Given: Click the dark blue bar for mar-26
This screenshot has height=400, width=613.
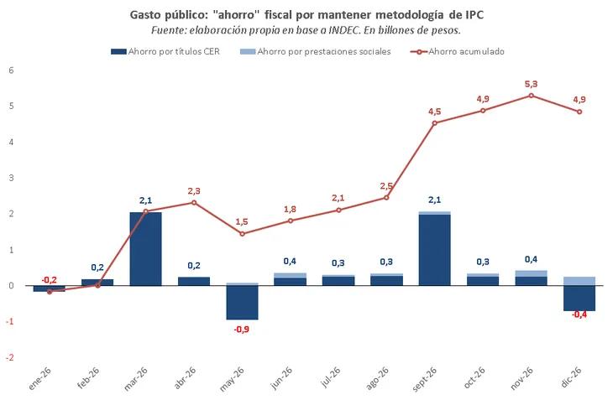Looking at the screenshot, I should pyautogui.click(x=145, y=249).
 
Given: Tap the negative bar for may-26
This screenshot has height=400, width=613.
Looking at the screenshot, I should pyautogui.click(x=242, y=303).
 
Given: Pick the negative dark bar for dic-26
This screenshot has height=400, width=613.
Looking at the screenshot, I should pyautogui.click(x=579, y=299).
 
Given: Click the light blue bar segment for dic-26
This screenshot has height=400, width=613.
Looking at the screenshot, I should pyautogui.click(x=579, y=281).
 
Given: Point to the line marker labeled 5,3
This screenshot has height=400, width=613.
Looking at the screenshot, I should pyautogui.click(x=531, y=96).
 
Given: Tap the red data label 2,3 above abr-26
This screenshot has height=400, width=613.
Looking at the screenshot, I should pyautogui.click(x=194, y=191).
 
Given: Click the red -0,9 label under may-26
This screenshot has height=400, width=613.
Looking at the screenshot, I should pyautogui.click(x=241, y=330).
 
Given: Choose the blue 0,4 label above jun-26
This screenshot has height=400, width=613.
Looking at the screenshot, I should pyautogui.click(x=290, y=261).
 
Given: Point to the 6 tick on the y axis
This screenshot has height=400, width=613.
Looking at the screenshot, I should pyautogui.click(x=12, y=70).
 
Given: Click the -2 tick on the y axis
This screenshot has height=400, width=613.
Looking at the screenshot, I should pyautogui.click(x=10, y=358).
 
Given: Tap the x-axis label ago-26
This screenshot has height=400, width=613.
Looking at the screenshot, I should pyautogui.click(x=376, y=380).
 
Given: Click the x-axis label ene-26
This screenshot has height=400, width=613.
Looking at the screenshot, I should pyautogui.click(x=39, y=380).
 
